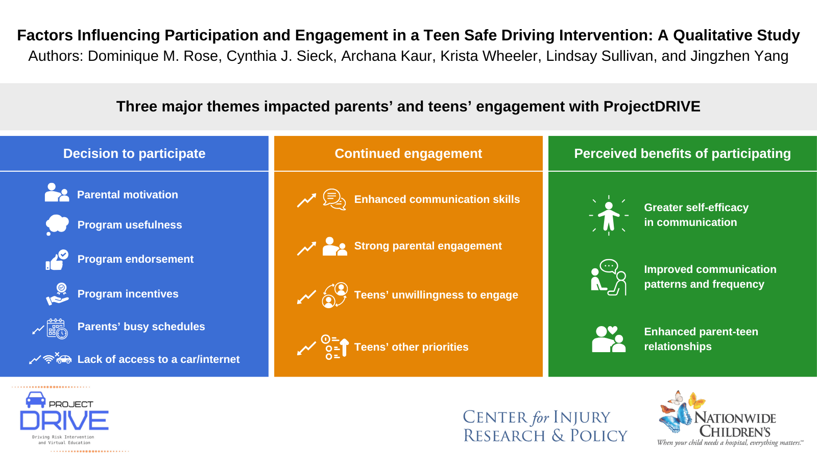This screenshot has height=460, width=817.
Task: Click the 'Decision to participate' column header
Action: tap(134, 153)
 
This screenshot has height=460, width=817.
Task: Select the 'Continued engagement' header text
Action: tap(408, 153)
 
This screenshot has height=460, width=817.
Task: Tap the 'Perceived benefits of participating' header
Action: tap(682, 153)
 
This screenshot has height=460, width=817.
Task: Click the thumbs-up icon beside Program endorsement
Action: tap(56, 260)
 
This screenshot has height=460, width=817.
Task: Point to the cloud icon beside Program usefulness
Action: tap(57, 224)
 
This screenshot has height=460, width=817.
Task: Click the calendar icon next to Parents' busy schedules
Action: tap(57, 329)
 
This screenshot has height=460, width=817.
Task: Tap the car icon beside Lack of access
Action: tap(64, 360)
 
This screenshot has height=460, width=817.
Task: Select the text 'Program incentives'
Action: tap(128, 294)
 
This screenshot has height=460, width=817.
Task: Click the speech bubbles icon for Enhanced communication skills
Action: tap(334, 199)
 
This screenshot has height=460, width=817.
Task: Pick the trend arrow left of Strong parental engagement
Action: tap(306, 248)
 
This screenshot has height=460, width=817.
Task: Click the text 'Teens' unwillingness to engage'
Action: tap(436, 295)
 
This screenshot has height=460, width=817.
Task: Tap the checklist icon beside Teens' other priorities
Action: tap(334, 347)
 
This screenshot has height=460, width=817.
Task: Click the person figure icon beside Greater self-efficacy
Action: tap(609, 216)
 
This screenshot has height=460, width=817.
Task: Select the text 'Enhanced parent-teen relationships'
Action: tap(701, 339)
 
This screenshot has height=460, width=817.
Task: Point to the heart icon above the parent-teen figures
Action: tap(613, 330)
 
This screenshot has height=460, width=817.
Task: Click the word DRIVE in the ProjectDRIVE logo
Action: tap(64, 421)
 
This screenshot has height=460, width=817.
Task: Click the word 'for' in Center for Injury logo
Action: tap(540, 418)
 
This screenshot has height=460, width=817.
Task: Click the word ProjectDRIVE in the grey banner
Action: tap(652, 106)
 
